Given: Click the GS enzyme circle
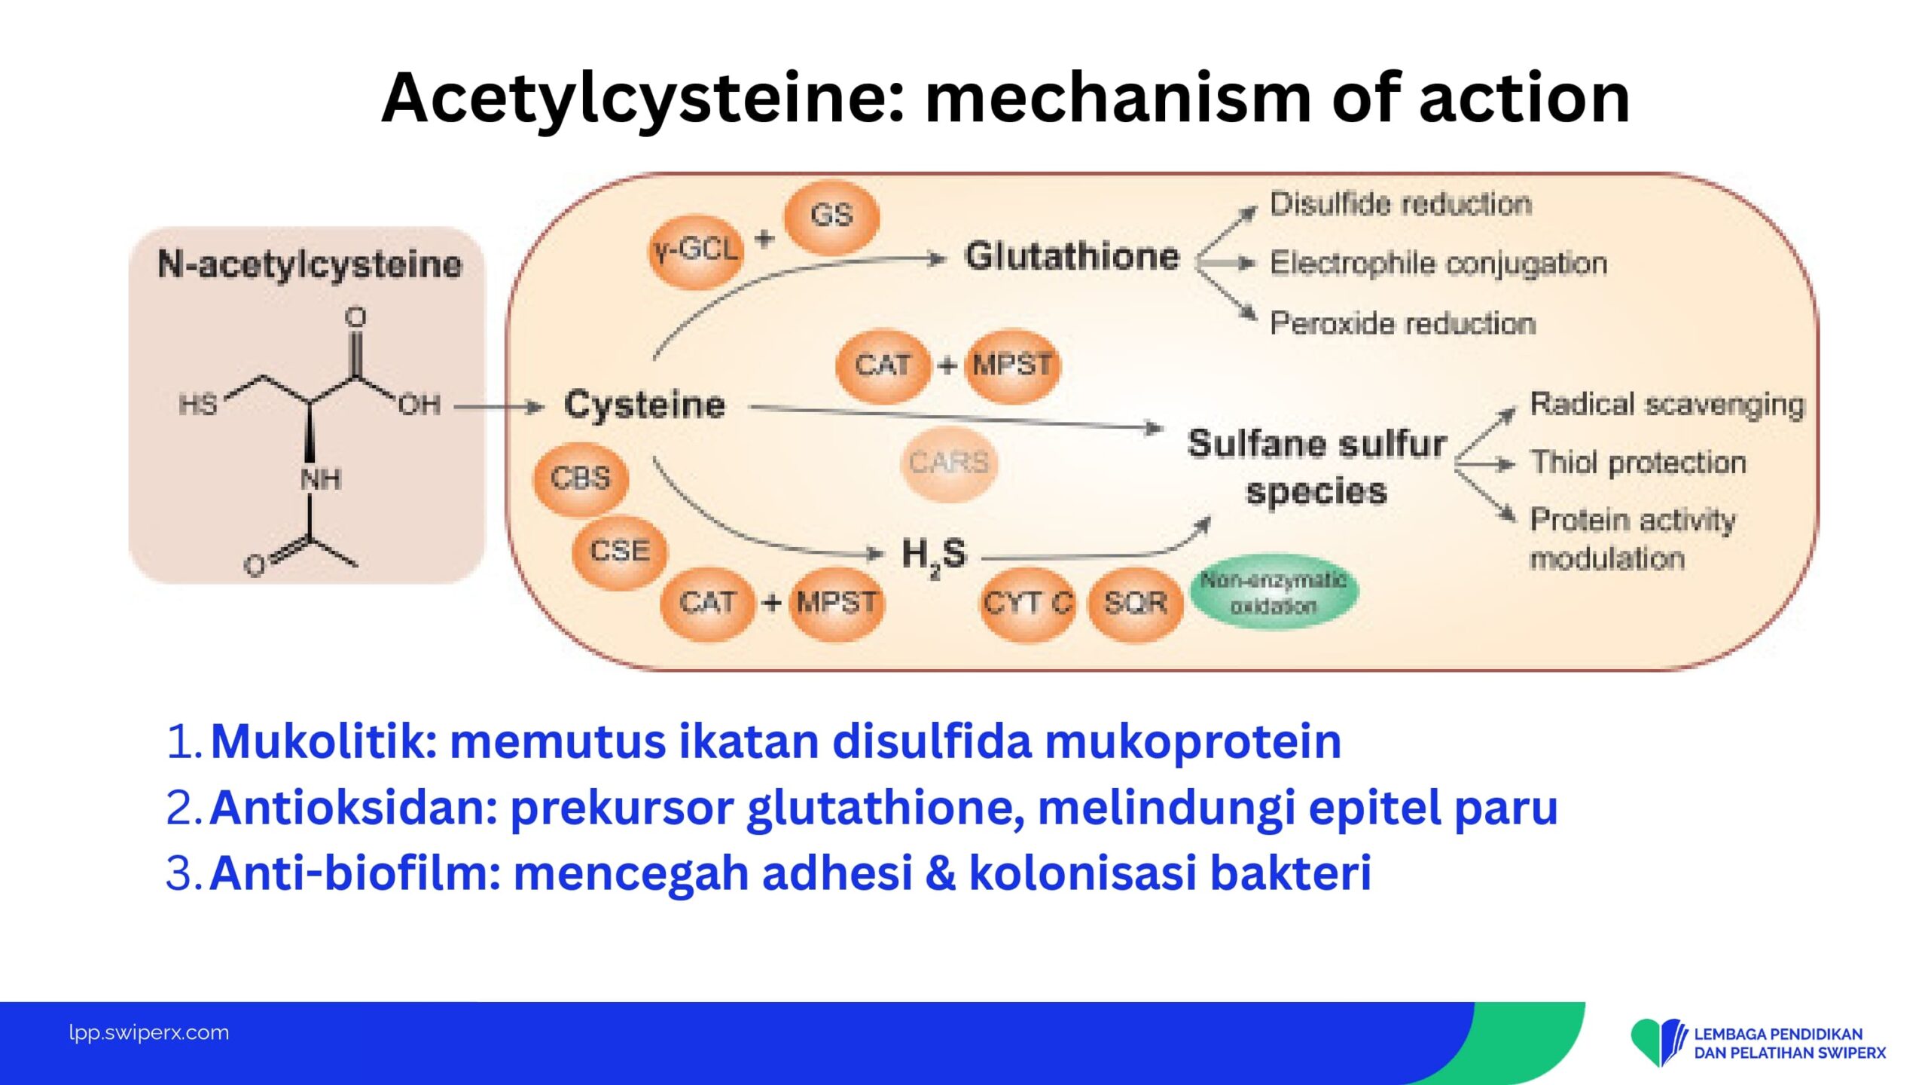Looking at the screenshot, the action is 831,216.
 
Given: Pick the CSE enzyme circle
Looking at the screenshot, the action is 620,552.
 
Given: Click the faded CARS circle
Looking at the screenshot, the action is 947,463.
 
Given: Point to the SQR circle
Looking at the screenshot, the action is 1136,604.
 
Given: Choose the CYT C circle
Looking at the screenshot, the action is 1028,604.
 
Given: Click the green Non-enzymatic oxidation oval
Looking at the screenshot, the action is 1274,593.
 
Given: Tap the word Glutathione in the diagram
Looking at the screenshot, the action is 1072,256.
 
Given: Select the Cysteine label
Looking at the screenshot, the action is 645,406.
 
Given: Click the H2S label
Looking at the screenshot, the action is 934,556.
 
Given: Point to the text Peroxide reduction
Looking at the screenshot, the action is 1403,323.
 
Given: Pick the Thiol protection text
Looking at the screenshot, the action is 1639,463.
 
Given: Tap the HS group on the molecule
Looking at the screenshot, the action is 198,405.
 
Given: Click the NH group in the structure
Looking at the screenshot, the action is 321,479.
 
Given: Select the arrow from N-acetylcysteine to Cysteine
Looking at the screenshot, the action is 499,408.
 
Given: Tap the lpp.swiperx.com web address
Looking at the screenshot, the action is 149,1033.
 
